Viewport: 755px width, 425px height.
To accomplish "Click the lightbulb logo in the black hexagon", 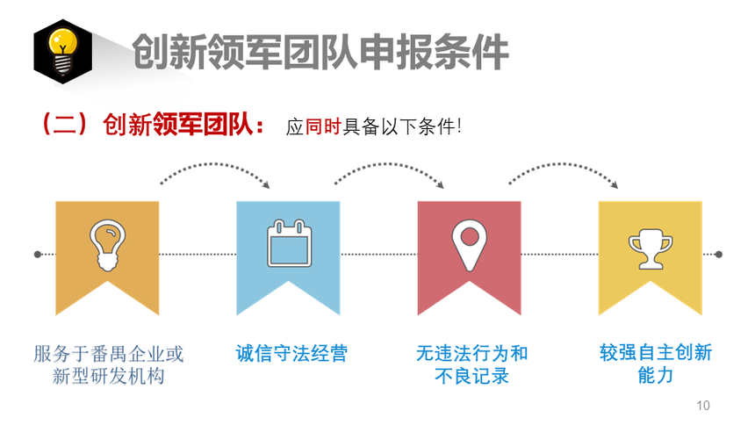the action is tap(62, 52).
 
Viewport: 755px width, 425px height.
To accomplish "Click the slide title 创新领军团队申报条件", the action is tap(320, 52).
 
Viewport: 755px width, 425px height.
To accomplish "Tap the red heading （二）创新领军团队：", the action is tap(153, 125).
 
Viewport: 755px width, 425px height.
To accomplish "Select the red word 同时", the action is tap(323, 126).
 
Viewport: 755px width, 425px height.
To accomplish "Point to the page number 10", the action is tap(703, 406).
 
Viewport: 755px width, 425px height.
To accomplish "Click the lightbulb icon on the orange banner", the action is tap(107, 245).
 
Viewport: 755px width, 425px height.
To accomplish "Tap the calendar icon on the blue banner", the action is tap(289, 243).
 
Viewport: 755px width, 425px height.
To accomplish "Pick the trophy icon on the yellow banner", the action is tap(650, 249).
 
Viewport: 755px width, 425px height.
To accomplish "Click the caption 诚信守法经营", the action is tap(291, 353).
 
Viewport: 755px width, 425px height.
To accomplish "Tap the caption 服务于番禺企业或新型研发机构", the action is tap(108, 364).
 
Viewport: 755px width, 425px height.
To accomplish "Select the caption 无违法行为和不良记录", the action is tap(472, 364).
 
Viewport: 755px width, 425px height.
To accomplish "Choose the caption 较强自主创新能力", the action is tap(655, 364).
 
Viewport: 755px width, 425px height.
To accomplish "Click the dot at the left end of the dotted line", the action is tap(38, 255).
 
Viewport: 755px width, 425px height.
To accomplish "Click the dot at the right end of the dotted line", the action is tap(718, 255).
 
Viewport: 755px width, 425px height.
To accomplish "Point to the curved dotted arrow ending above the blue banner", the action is tap(215, 165).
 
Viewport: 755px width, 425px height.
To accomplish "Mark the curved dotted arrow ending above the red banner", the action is tap(389, 165).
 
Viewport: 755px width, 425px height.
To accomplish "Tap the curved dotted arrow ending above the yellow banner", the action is tap(564, 165).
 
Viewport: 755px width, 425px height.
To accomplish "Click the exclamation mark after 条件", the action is tap(459, 126).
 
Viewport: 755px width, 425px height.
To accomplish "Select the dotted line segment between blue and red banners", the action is tap(379, 255).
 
